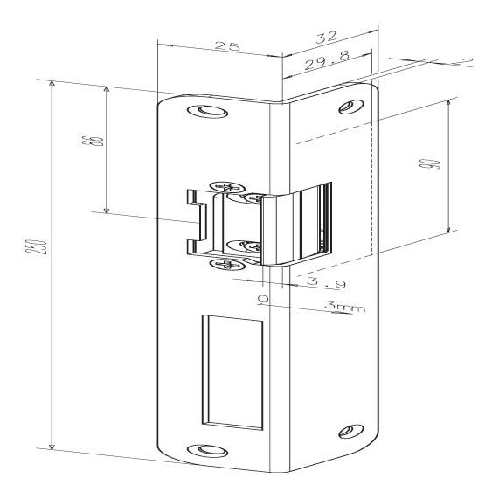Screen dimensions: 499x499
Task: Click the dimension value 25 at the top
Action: coord(226,46)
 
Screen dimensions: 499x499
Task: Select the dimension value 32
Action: coord(326,37)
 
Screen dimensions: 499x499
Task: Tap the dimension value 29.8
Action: coord(327,59)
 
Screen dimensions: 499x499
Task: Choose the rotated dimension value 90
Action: coord(434,164)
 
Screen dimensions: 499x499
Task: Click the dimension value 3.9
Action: coord(326,282)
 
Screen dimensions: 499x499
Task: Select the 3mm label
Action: coord(344,307)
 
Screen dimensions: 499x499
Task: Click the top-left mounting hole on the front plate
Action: coord(207,111)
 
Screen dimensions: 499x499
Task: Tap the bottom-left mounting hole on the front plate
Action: coord(207,450)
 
